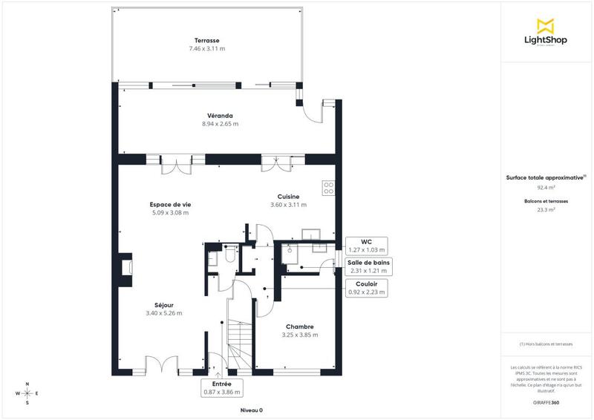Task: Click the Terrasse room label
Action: coord(207,40)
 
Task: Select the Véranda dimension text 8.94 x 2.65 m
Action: coord(220,124)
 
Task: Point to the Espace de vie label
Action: coord(169,204)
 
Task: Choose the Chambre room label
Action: coord(299,327)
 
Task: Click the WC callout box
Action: coord(365,246)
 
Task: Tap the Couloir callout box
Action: coord(367,288)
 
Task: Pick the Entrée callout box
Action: coord(221,387)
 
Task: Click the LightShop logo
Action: coord(546,33)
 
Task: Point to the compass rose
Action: coord(27,393)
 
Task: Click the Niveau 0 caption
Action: coord(251,410)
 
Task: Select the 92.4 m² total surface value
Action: coord(546,188)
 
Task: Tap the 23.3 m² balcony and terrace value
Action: coord(546,210)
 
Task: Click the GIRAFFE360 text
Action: coord(546,401)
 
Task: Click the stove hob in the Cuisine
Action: coord(327,186)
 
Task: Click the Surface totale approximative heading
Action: coord(546,177)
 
